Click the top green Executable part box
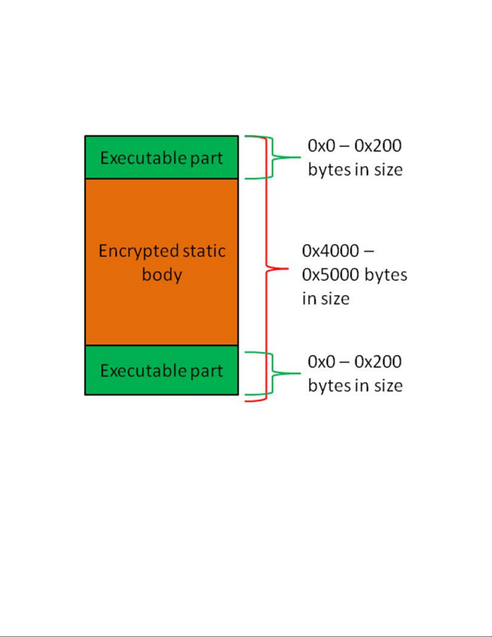[161, 157]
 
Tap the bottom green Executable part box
[161, 370]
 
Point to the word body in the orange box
[162, 275]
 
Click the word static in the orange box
[204, 251]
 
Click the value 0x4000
[330, 251]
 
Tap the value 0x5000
[330, 275]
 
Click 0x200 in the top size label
[378, 145]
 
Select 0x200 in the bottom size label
[378, 361]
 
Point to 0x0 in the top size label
[321, 145]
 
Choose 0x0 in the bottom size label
[321, 361]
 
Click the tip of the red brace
[287, 268]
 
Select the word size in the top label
[388, 170]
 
